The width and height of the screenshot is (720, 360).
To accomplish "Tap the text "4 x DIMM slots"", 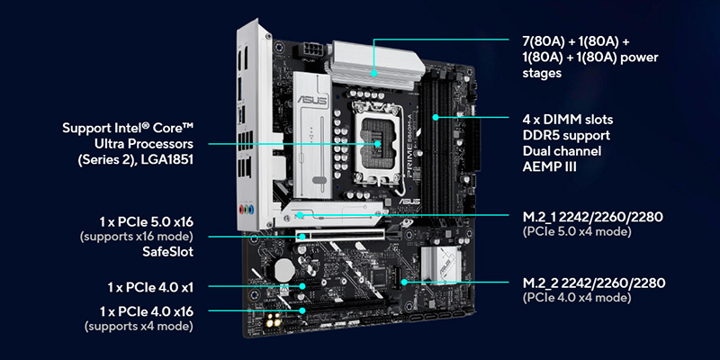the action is coord(568,120).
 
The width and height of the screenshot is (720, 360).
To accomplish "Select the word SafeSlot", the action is coord(166,252).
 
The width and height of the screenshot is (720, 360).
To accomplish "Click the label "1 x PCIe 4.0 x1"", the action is coord(150,288).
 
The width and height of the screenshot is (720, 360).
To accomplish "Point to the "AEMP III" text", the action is coord(550,166).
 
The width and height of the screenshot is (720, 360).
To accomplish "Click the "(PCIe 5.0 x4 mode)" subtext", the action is coord(577,232).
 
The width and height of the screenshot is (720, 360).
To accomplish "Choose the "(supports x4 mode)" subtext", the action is coord(139,327).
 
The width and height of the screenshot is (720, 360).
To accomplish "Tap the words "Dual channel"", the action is coord(562,150).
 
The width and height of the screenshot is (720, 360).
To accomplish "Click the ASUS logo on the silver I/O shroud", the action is coord(312,100).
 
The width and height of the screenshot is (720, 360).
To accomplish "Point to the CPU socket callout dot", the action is coord(377,144).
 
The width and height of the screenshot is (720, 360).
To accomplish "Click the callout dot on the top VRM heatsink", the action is coord(374,73).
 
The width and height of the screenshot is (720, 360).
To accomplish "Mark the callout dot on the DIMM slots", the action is coord(436,117).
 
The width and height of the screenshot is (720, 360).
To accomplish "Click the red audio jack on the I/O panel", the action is coord(241,210).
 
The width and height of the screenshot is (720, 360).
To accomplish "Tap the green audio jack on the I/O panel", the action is coord(248,210).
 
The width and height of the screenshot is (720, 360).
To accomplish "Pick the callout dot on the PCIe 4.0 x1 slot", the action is coord(302,286).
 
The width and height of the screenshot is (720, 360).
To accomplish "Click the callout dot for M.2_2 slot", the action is coord(404,282).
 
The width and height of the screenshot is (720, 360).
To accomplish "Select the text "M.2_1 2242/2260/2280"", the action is coord(592,217).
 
